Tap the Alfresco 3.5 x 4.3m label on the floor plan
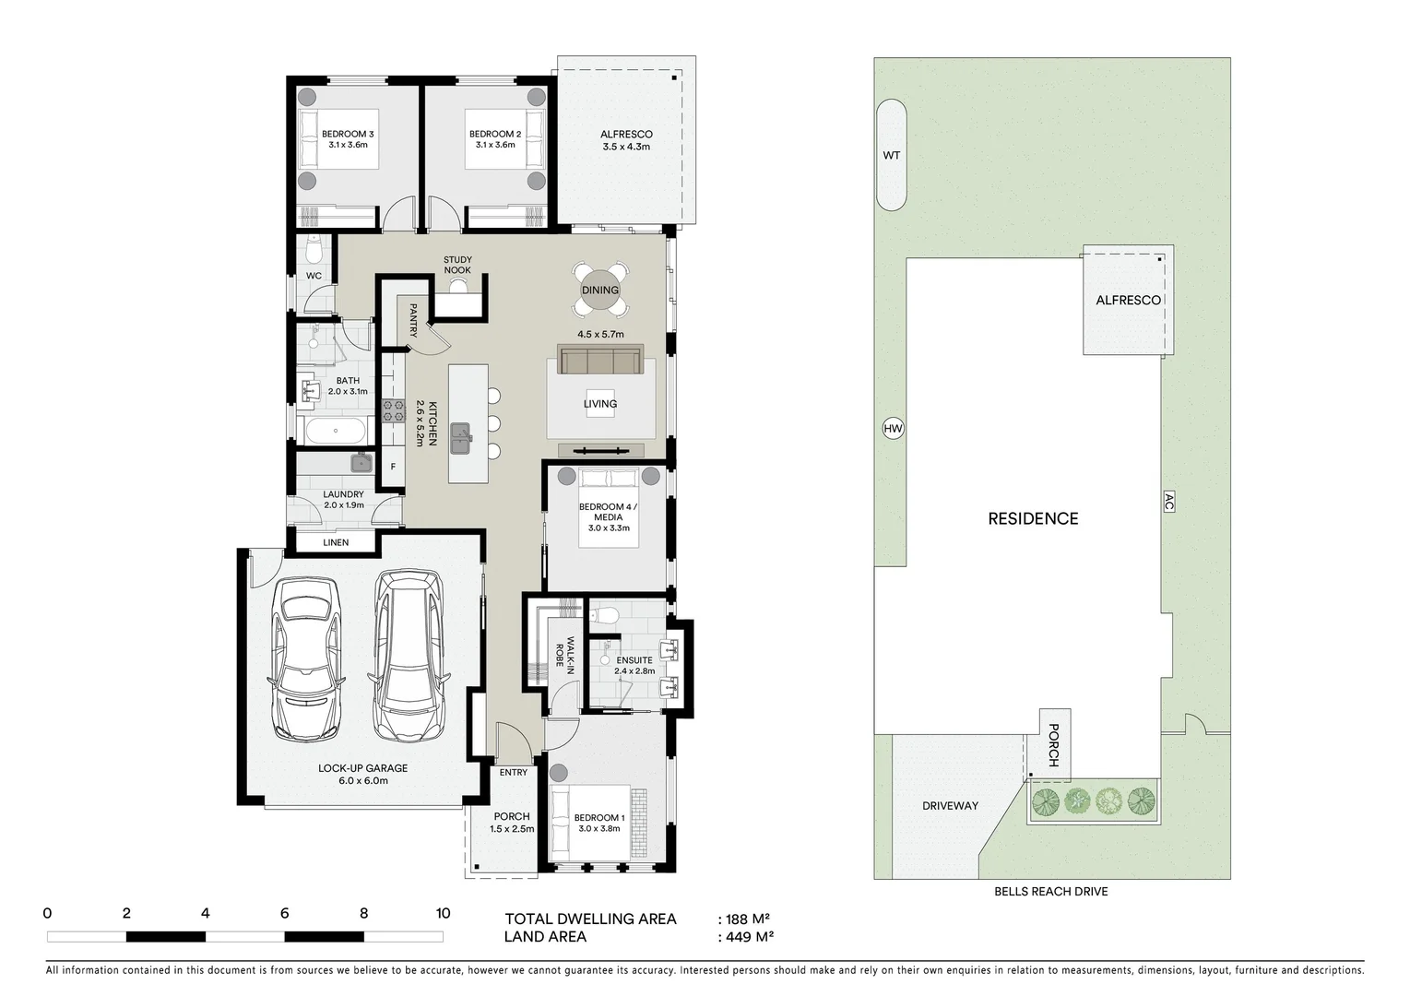tap(626, 140)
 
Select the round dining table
tap(600, 290)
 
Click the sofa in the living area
tap(600, 361)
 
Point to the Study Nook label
tap(457, 265)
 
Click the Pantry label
tap(413, 320)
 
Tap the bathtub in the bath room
tap(335, 430)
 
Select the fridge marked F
tap(393, 467)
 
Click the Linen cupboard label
tap(336, 542)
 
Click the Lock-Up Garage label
tap(362, 774)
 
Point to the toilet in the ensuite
tap(605, 615)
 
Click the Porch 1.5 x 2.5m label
tap(512, 822)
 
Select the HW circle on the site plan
tap(893, 428)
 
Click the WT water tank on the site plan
tap(891, 155)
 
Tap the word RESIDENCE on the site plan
tap(1033, 518)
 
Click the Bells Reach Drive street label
tap(1050, 892)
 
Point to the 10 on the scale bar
tap(443, 913)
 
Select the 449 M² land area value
tap(747, 937)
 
